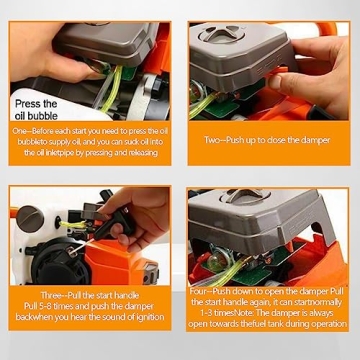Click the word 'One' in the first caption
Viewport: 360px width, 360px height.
pos(19,131)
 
